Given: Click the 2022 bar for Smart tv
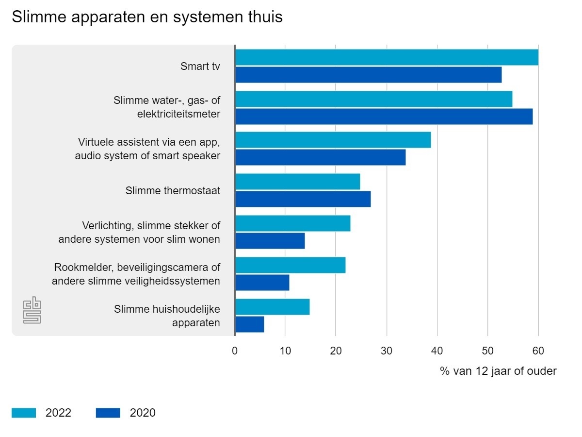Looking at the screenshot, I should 387,57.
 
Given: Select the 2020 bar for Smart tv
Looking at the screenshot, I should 368,75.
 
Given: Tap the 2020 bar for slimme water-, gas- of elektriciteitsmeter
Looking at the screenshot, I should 384,117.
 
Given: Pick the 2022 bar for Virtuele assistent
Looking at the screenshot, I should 333,140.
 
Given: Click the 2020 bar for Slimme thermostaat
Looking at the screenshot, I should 303,199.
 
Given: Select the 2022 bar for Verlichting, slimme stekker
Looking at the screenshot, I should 292,223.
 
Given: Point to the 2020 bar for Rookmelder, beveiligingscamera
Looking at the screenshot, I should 262,283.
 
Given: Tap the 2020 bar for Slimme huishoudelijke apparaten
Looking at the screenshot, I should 249,324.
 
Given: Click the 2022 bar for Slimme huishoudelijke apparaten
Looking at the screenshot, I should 272,307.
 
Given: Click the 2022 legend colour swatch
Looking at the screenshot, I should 24,413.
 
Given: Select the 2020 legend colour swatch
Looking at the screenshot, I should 108,413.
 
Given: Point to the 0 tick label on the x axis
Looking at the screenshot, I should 235,351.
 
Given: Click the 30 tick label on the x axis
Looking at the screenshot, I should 387,351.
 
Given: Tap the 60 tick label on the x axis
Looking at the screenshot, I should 538,351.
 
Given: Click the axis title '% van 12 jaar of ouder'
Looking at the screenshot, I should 498,371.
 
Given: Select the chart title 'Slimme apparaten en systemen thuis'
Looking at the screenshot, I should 147,17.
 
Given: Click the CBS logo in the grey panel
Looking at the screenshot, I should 32,311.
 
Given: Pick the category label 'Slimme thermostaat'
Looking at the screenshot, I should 173,191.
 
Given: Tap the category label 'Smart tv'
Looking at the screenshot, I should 200,67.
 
